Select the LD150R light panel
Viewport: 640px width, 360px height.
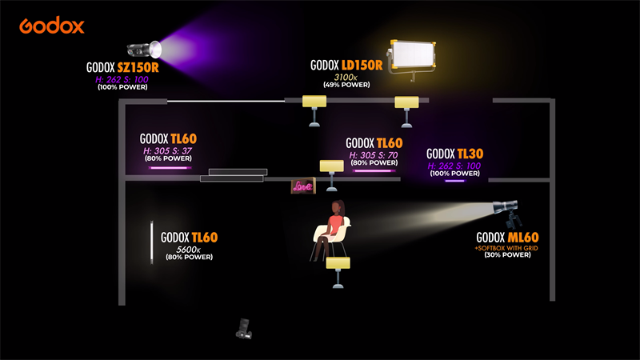(x=413, y=58)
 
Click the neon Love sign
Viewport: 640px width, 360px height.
(x=303, y=186)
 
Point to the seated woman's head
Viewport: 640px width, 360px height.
(x=338, y=207)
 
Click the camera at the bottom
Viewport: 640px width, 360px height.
(x=245, y=327)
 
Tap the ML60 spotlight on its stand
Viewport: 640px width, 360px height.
(x=510, y=210)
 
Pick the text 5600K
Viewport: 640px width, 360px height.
(x=189, y=249)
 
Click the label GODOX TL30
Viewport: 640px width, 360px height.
(x=454, y=154)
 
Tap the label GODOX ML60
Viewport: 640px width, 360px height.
(x=508, y=238)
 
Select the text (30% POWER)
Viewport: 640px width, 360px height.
(x=508, y=256)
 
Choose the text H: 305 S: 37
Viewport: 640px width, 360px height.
(x=168, y=150)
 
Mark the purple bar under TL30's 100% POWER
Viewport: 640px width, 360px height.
(x=454, y=180)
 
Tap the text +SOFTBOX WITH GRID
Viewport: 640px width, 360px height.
(x=508, y=248)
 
